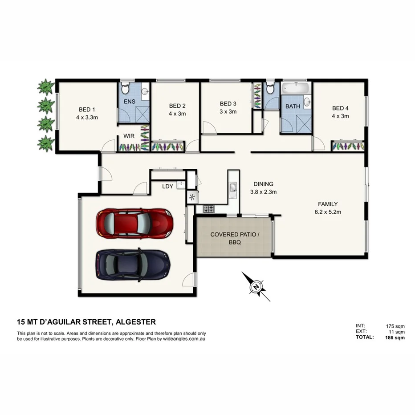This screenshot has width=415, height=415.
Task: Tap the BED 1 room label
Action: [87, 109]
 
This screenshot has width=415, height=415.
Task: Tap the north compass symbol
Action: [256, 287]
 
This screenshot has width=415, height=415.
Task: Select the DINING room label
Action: [263, 184]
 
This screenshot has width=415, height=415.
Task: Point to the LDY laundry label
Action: [167, 187]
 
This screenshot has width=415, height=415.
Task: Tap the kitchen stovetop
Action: [209, 208]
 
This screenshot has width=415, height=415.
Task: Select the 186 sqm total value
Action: [395, 338]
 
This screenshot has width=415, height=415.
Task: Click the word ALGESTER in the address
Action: [136, 322]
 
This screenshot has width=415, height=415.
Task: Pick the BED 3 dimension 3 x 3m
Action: [228, 112]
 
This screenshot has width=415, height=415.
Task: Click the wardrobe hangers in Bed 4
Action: [347, 145]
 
